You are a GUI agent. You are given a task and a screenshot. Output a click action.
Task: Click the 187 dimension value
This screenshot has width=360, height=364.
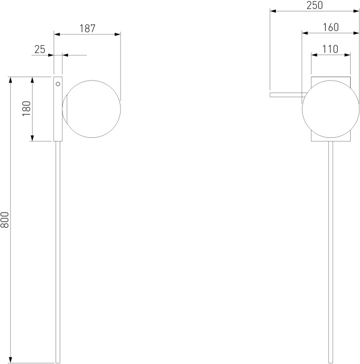click(87, 29)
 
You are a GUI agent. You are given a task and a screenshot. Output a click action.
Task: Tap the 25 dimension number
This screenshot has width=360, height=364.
click(40, 49)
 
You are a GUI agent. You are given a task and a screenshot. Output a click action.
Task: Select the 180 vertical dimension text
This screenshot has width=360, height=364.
click(26, 109)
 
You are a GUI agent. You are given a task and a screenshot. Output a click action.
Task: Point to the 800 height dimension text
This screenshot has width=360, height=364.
click(5, 219)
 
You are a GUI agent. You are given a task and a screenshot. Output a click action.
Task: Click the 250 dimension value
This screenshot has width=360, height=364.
click(314, 5)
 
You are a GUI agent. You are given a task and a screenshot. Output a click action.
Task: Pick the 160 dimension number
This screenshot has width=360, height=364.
click(331, 28)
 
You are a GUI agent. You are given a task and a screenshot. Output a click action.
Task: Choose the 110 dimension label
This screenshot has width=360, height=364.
click(330, 49)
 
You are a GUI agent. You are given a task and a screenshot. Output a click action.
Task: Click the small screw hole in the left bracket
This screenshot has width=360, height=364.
click(58, 84)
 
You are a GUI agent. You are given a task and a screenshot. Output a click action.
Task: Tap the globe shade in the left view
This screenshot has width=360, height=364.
click(91, 109)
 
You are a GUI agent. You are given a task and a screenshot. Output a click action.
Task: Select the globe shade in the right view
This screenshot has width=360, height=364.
click(331, 109)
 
